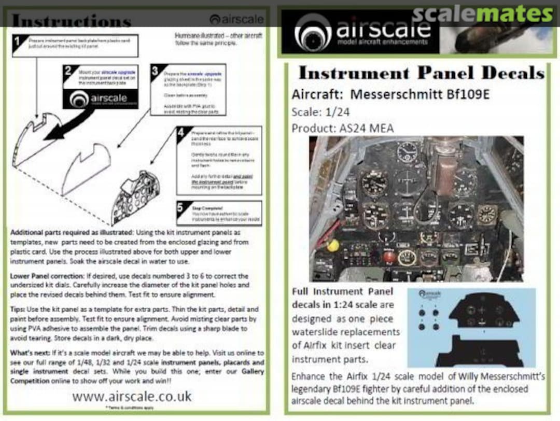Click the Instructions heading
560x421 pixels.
71,21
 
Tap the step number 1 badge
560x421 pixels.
18,42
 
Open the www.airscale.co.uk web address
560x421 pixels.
132,397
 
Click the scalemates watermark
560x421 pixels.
482,15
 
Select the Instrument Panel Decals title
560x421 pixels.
421,73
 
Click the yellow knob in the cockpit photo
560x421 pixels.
333,245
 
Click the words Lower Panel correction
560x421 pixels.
50,276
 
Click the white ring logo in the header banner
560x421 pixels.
313,32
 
